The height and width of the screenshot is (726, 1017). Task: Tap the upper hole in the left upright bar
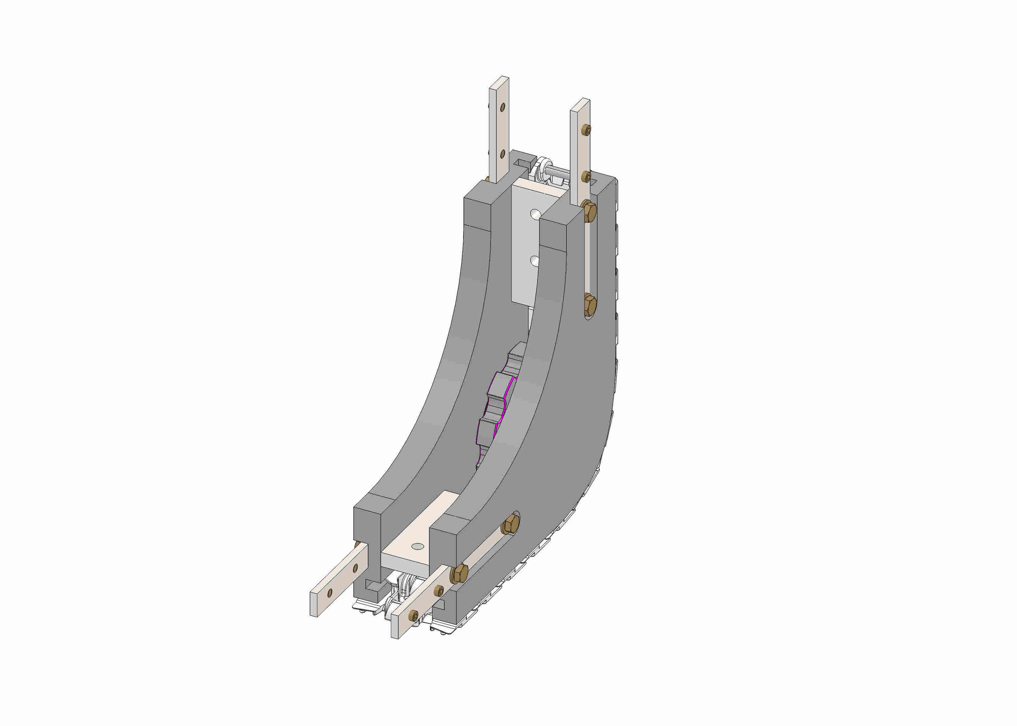point(503,107)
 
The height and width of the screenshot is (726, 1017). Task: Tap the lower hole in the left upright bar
point(503,154)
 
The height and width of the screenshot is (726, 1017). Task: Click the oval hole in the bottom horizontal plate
point(417,546)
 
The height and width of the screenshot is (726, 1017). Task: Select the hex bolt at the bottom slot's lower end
point(459,573)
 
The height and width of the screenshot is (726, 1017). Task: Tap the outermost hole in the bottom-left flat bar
point(330,593)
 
